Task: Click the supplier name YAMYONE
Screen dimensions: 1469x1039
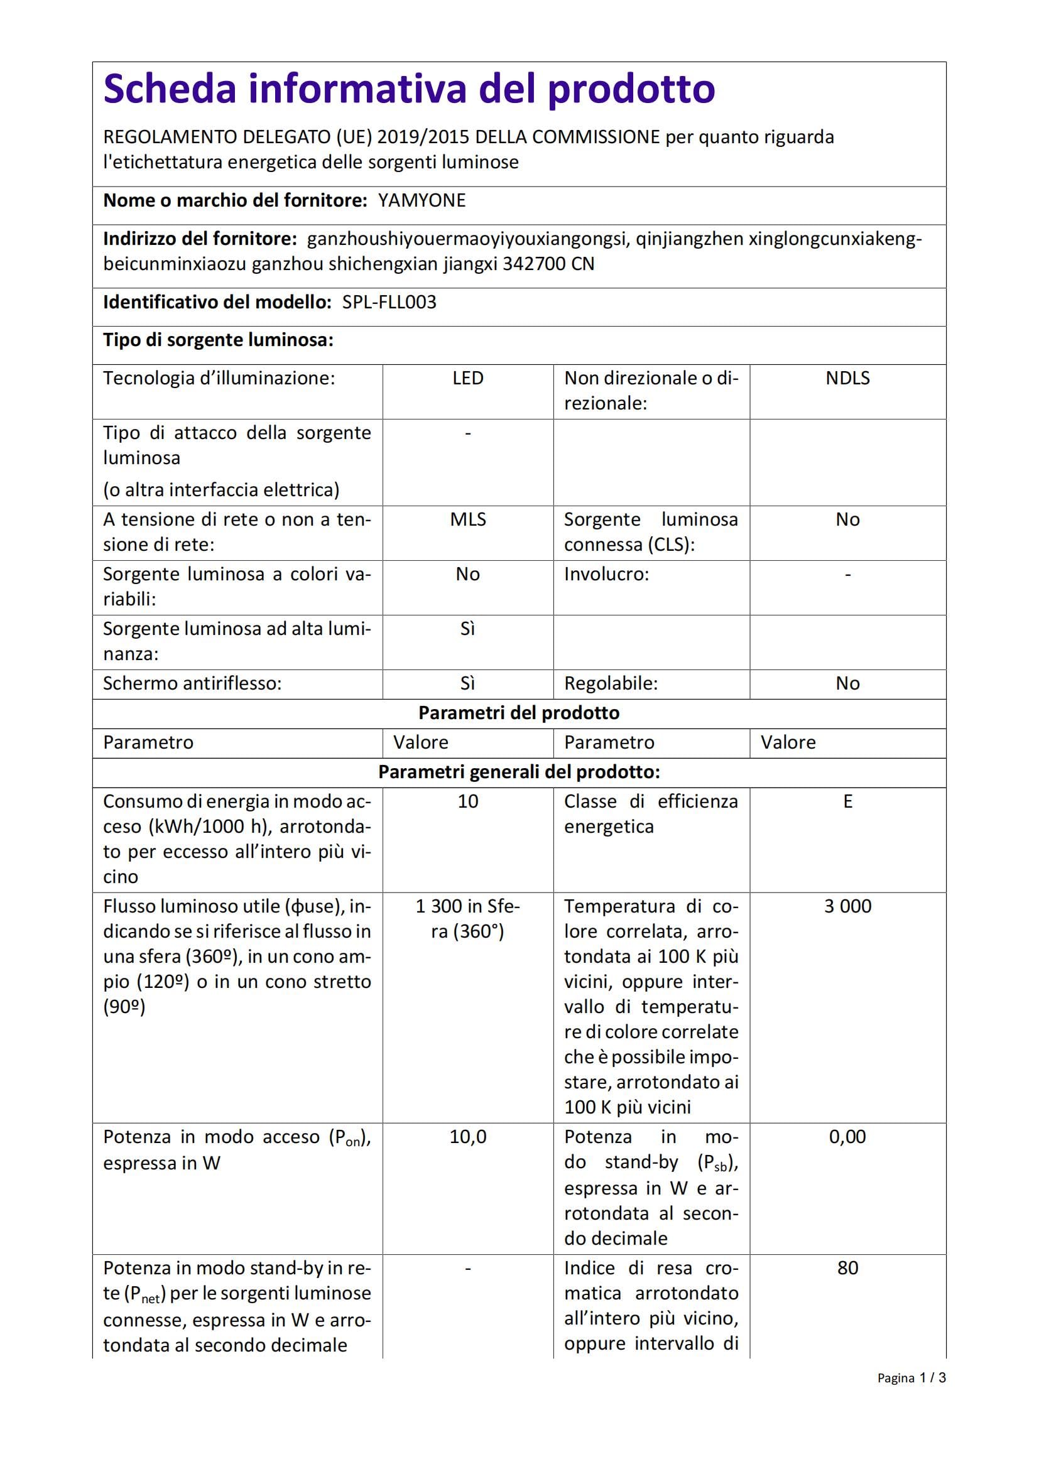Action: coord(422,201)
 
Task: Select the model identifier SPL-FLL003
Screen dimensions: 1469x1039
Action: coord(389,302)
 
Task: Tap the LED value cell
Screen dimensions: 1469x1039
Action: coord(468,378)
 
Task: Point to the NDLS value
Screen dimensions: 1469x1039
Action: coord(847,378)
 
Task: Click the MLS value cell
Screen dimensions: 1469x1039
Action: coord(468,519)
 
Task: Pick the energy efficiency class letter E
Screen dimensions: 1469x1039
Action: coord(847,801)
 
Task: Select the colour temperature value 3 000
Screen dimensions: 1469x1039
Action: coord(847,907)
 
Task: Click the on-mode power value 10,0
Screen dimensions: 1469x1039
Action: coord(468,1137)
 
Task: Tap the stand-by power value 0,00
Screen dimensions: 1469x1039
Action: coord(847,1137)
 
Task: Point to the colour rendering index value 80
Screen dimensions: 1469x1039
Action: coord(847,1268)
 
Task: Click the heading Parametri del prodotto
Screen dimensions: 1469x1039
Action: coord(519,713)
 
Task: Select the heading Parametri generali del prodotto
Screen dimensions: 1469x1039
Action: coord(519,772)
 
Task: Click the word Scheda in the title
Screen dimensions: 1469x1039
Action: coord(171,89)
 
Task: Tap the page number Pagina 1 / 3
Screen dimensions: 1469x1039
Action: coord(911,1378)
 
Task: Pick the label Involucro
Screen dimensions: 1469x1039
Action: coord(606,575)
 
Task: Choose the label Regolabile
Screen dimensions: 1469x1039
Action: coord(611,684)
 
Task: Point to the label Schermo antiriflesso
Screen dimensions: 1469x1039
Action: coord(192,684)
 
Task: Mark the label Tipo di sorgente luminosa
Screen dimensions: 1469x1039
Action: coord(218,340)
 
